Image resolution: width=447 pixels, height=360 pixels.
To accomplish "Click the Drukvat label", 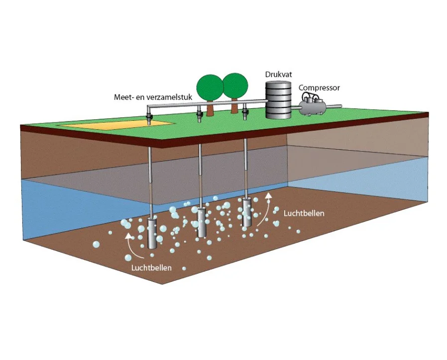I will point(277,74).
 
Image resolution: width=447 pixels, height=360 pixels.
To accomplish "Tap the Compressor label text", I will point(319,88).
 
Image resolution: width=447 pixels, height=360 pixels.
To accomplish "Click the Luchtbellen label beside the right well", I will point(304,213).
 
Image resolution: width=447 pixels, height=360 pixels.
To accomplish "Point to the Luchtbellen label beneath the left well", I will point(152,268).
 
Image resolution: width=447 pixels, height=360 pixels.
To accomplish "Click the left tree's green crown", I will point(208,87).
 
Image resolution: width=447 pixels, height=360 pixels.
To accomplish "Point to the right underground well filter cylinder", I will point(246,212).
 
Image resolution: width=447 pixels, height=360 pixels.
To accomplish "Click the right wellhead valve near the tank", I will point(244,113).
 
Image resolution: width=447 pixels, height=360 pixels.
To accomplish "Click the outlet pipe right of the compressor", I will point(334,106).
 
